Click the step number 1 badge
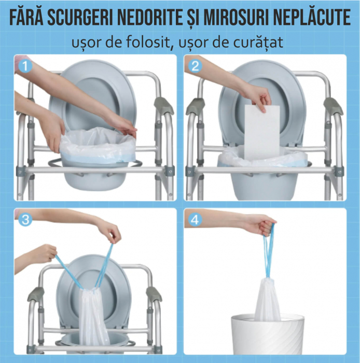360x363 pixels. coord(25,66)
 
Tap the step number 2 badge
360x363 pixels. coord(195,66)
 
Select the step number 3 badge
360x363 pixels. coord(25,219)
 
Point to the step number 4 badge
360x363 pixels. coord(195,219)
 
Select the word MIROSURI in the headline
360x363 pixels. coord(235,17)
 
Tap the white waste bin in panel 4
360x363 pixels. coord(267,334)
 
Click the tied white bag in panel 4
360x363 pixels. coord(267,300)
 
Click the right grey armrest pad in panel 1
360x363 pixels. coord(164,105)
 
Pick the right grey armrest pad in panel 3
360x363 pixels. coord(154,294)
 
